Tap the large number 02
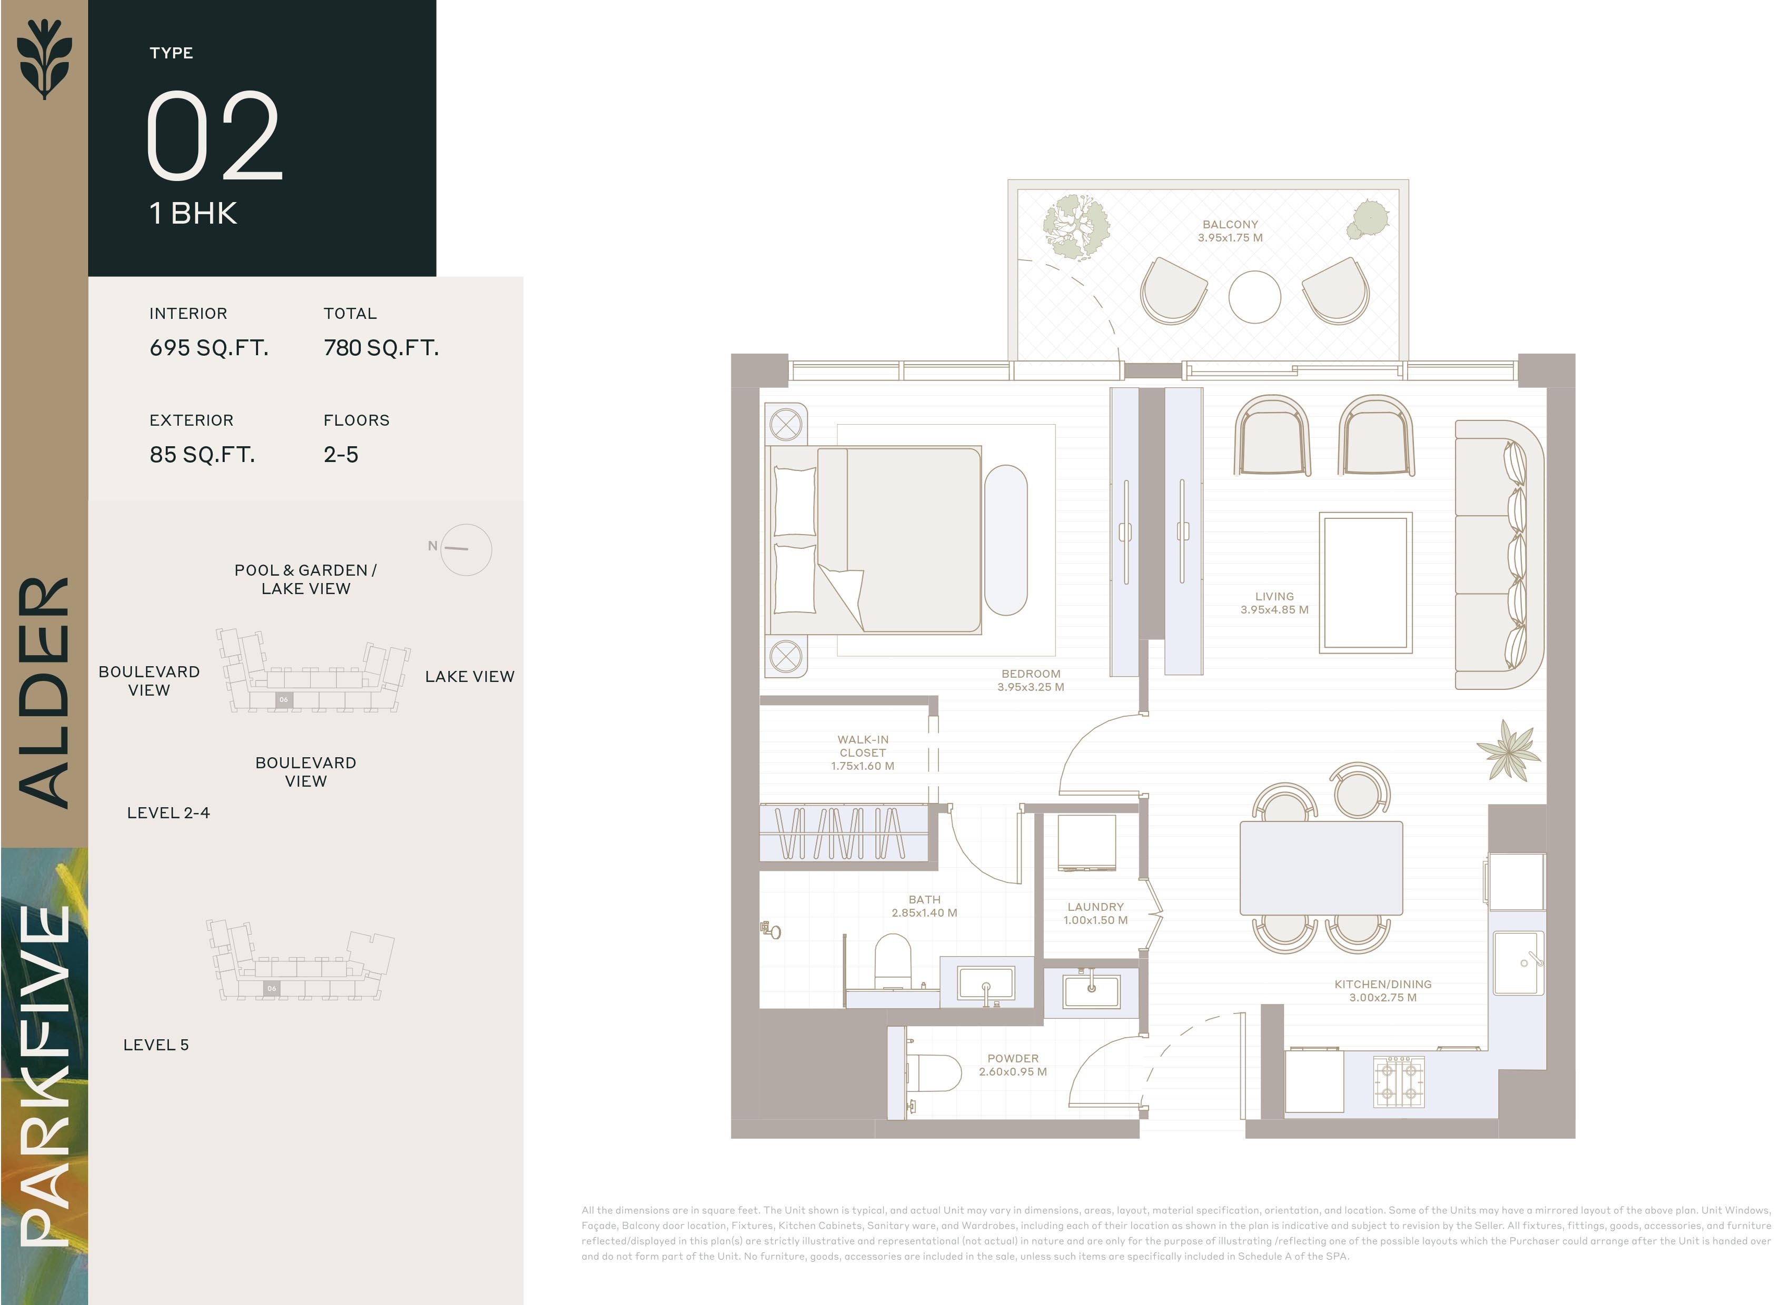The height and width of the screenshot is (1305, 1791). [213, 136]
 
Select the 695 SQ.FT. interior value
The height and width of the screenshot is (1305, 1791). [209, 348]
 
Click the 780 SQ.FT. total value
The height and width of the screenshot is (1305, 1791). [381, 348]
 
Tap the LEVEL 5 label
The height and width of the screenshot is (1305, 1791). [156, 1045]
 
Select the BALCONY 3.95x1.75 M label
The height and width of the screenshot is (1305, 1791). [1230, 230]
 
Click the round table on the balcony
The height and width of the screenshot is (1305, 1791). [1254, 297]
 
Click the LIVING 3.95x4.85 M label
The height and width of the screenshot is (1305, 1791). [1274, 603]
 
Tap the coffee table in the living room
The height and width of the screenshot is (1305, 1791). [1365, 583]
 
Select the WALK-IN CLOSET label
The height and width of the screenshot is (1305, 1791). [862, 752]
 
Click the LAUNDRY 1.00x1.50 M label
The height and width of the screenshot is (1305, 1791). [1095, 913]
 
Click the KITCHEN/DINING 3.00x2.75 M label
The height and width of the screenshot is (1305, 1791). [1382, 991]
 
